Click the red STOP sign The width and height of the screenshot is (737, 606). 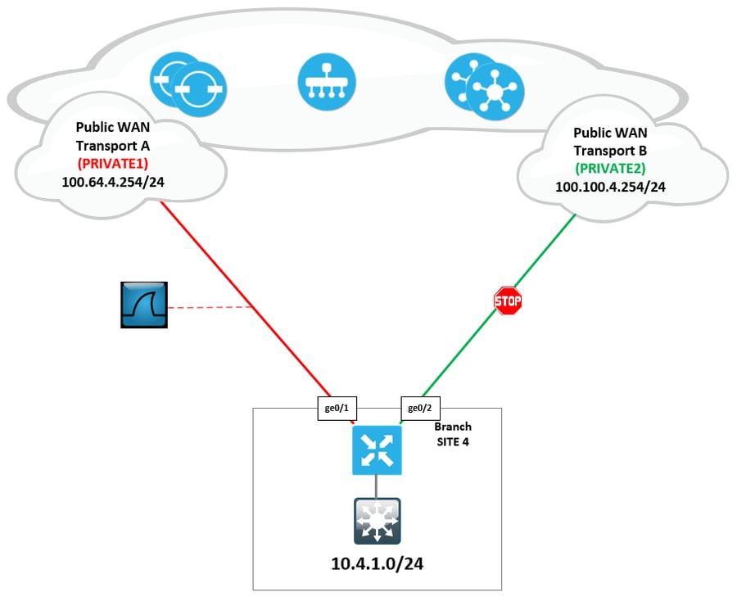508,301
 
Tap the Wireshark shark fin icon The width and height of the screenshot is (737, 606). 144,305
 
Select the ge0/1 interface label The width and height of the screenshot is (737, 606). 337,406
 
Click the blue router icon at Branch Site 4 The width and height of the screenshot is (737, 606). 377,450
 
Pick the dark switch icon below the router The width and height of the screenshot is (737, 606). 377,521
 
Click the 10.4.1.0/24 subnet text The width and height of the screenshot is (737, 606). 377,564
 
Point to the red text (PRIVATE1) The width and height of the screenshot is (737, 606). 112,163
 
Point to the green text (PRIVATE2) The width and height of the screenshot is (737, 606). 610,168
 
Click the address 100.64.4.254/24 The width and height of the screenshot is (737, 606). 112,181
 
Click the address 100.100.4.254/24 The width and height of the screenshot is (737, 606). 610,187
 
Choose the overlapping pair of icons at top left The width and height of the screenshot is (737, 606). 188,83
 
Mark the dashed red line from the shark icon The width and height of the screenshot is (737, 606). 209,309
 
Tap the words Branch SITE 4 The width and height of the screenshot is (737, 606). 453,433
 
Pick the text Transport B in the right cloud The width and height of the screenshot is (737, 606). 610,150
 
